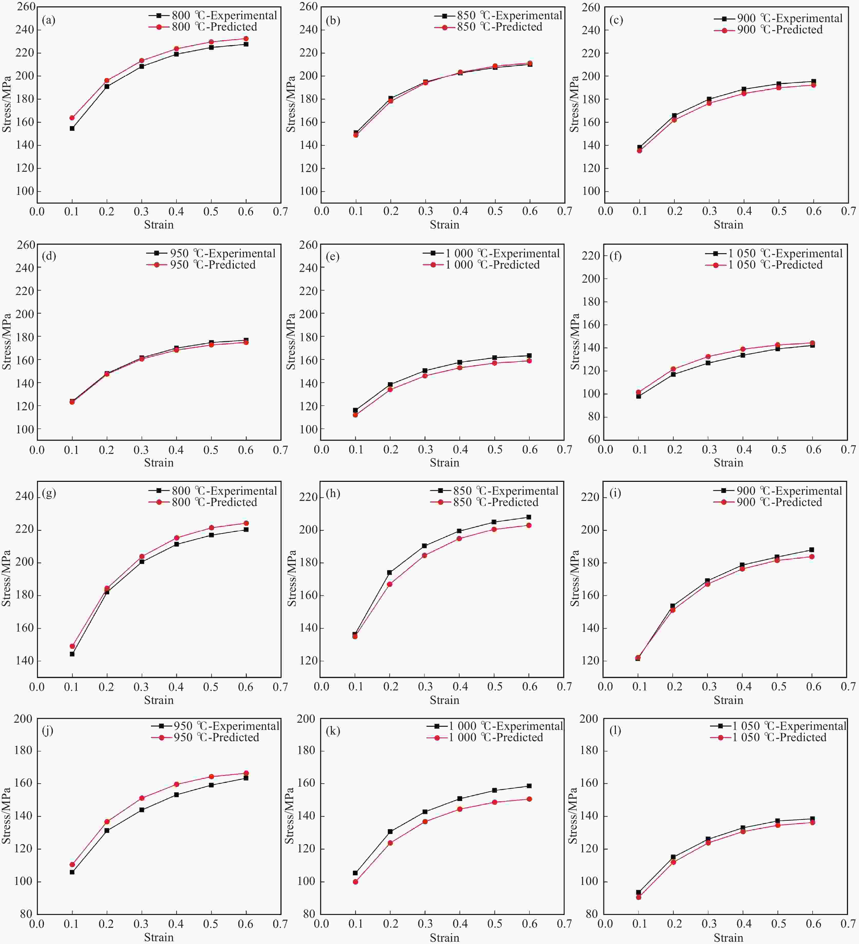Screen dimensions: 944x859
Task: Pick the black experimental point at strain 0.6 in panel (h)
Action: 529,517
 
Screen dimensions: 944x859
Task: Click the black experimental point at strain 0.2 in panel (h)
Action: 389,572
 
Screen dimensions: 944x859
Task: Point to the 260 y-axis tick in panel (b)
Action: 308,7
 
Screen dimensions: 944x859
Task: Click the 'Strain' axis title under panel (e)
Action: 444,463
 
